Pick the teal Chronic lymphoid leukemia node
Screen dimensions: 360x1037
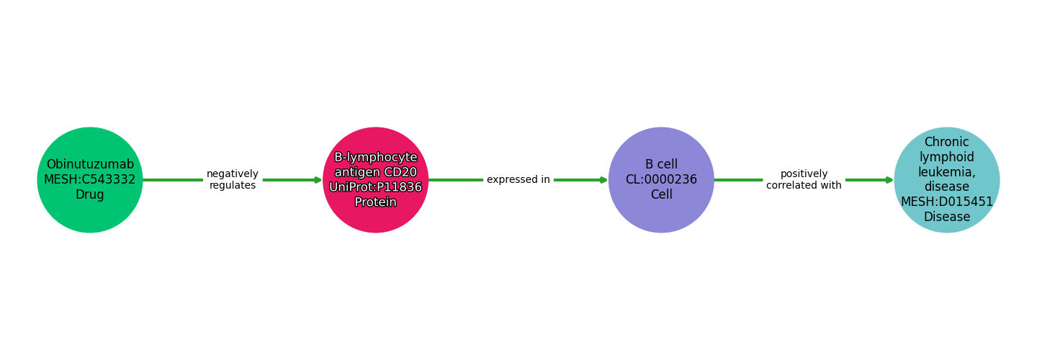(946, 180)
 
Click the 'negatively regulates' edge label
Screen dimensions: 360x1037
(233, 180)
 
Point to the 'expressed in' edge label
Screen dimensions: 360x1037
(518, 180)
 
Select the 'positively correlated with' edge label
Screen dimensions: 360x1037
(804, 180)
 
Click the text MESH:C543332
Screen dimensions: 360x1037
(90, 180)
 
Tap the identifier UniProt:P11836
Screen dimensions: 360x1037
(375, 187)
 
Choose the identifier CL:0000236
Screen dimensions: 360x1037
(661, 180)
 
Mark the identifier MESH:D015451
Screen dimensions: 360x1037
(946, 202)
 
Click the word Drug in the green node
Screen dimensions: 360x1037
(90, 195)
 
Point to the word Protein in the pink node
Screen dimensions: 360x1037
(375, 202)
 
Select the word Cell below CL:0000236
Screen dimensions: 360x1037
(661, 195)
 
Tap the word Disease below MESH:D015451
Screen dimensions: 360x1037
(946, 217)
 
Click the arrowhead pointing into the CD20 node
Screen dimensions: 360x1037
(318, 180)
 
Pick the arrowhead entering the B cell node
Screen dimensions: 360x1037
(603, 180)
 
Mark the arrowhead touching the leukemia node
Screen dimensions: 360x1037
(889, 180)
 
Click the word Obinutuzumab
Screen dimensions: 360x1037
(90, 165)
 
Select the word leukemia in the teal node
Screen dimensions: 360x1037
(946, 172)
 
